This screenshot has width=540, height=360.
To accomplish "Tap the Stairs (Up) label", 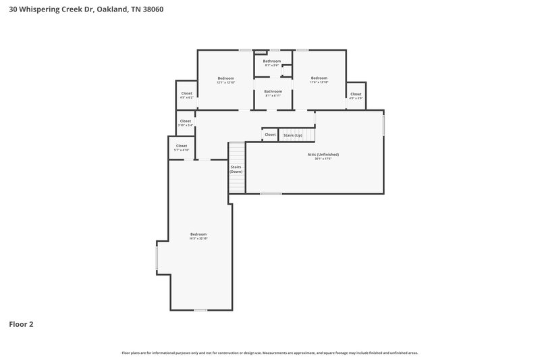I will (293, 134).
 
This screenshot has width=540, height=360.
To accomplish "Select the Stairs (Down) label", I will (236, 169).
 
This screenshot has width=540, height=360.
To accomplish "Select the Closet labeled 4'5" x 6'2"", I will (186, 94).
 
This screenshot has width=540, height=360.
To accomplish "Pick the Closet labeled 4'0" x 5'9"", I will (356, 95).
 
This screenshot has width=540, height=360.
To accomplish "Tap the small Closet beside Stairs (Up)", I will (270, 134).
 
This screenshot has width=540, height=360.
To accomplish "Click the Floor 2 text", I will (21, 324).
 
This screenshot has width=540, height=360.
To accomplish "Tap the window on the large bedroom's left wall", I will (157, 257).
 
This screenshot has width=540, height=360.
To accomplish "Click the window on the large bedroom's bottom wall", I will (200, 310).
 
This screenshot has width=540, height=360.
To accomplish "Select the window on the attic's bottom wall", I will (271, 194).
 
